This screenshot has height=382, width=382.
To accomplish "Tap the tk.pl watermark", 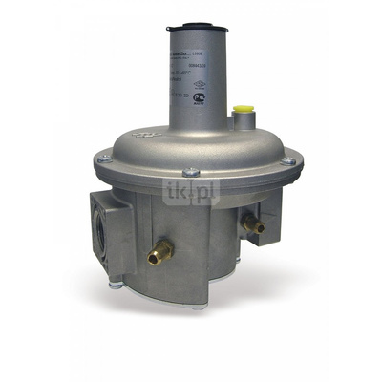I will click(x=191, y=191).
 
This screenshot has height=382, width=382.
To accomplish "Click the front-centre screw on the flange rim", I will click(x=191, y=173).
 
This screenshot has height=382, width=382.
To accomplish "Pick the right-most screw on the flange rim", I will click(x=285, y=162).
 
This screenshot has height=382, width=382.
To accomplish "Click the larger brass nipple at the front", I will click(x=161, y=253).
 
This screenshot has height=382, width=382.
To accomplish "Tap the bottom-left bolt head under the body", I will click(x=116, y=281).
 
